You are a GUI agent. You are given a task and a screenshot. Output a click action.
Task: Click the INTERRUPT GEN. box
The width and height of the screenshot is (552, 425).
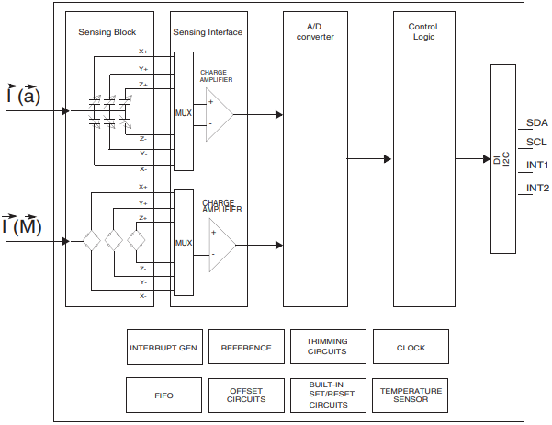click(x=164, y=348)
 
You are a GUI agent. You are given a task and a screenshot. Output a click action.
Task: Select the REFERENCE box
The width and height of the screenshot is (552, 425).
click(x=246, y=348)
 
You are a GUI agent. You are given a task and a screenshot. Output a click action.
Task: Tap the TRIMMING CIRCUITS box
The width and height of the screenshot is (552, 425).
click(x=327, y=348)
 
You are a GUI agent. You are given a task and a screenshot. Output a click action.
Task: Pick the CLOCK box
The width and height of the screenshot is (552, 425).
click(x=411, y=348)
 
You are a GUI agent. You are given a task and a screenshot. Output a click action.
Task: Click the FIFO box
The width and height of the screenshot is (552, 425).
click(x=164, y=396)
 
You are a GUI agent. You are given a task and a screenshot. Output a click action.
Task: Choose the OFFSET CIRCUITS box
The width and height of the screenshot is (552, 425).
click(x=246, y=396)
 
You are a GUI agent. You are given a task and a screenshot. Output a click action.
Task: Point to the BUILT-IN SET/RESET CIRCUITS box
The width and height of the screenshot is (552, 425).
click(x=327, y=396)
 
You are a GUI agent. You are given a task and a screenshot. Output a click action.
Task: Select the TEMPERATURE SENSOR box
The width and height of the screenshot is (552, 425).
click(x=411, y=396)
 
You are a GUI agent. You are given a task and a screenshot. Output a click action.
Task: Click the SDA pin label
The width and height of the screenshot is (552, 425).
click(x=536, y=123)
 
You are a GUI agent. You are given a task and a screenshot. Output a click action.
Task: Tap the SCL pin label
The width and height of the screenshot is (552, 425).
click(x=536, y=143)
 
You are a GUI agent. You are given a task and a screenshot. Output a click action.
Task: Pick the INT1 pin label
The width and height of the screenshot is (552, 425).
click(x=537, y=166)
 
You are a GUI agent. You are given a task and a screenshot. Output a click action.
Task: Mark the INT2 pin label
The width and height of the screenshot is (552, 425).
click(x=537, y=189)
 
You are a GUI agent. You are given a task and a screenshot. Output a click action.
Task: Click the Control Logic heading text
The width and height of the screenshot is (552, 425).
click(x=423, y=31)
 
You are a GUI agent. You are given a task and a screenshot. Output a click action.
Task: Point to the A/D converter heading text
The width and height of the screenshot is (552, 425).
click(x=316, y=31)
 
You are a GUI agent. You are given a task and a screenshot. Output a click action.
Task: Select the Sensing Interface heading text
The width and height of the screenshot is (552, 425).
click(x=208, y=32)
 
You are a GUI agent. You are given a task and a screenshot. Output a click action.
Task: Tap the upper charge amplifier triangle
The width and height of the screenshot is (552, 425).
click(x=217, y=115)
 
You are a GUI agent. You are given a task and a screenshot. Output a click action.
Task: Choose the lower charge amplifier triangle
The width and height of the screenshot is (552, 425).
click(x=220, y=245)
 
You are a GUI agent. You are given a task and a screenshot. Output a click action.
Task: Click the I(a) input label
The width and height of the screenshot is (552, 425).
click(x=22, y=95)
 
